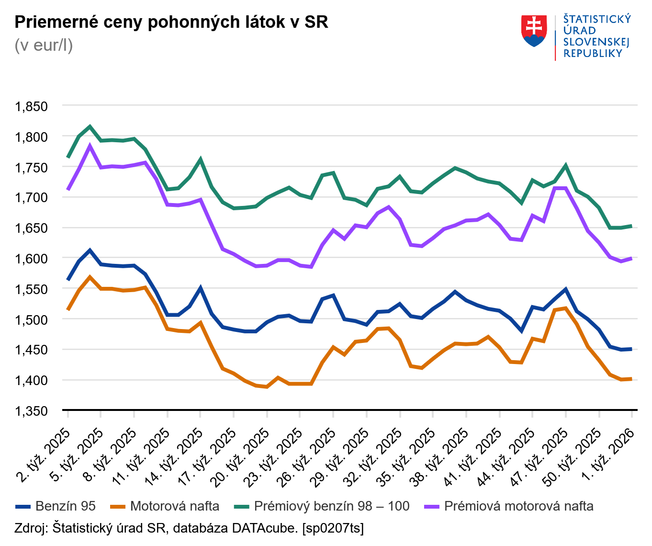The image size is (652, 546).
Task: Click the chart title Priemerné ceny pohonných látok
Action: coord(171,22)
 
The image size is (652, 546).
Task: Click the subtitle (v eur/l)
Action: coord(44,45)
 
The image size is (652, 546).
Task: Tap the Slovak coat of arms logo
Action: coord(534,31)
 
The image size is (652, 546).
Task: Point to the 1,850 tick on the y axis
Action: coord(32,106)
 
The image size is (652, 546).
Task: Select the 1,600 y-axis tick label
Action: coord(32,259)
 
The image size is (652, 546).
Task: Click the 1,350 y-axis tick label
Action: coord(32,411)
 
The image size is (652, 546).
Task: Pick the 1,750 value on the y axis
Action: coord(32,168)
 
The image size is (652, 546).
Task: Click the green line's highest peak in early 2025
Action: coord(90,127)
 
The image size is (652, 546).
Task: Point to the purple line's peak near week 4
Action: coord(90,146)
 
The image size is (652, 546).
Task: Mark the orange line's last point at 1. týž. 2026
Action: coord(631,379)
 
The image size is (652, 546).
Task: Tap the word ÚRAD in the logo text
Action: coord(579,30)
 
